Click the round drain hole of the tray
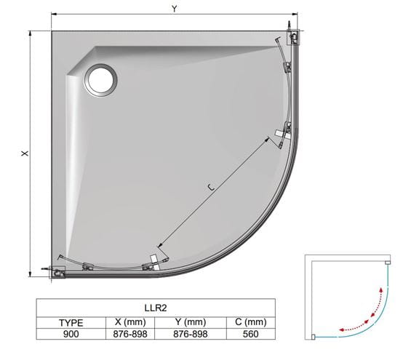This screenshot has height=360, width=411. (x=100, y=80)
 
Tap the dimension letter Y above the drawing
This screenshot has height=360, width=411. (x=175, y=9)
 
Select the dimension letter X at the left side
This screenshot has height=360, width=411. (x=25, y=153)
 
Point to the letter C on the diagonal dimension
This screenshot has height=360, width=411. (x=212, y=187)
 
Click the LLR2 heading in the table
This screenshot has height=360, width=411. (x=156, y=308)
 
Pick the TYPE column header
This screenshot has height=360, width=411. (x=71, y=322)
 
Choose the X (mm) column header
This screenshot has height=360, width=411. (x=130, y=321)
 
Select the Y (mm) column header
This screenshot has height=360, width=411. (x=191, y=321)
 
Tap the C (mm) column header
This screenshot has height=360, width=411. (x=251, y=321)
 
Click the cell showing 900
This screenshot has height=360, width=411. (x=71, y=334)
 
